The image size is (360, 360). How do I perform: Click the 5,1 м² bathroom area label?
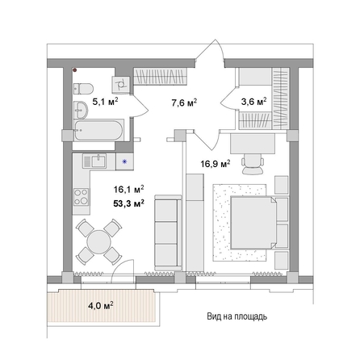coord(105,103)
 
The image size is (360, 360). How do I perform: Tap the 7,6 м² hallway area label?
coord(184,103)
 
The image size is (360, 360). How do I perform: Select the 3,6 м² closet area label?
coord(256,103)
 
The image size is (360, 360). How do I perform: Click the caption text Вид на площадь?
coord(231,316)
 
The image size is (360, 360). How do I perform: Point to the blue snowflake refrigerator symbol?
coord(124,161)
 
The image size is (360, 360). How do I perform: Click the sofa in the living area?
coord(165,225)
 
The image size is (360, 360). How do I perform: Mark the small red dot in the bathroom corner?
coord(75,70)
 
